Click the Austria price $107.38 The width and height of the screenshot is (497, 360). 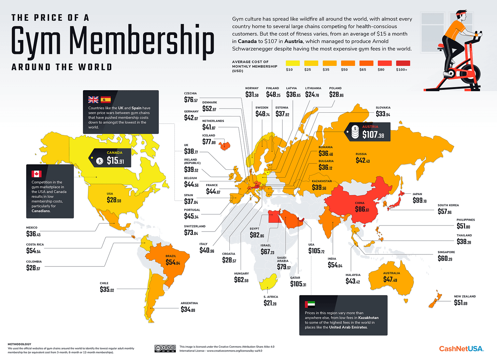(x=373, y=135)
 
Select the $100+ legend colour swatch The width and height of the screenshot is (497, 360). (x=403, y=63)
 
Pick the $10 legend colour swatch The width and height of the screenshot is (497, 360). (x=293, y=63)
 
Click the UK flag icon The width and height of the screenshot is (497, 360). (x=93, y=99)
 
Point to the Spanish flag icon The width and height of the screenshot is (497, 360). (x=105, y=99)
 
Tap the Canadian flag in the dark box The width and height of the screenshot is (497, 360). (x=37, y=174)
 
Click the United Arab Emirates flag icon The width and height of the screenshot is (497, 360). (x=310, y=304)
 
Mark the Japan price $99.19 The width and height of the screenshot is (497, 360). (x=420, y=200)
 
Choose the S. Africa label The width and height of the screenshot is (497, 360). (x=271, y=297)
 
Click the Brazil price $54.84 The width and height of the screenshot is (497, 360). (x=173, y=262)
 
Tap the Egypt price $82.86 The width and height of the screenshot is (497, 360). (x=257, y=235)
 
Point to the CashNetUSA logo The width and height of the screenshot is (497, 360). (x=461, y=349)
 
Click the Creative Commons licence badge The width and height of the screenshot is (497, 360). (x=165, y=348)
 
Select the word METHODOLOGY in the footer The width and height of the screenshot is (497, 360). (x=19, y=344)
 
